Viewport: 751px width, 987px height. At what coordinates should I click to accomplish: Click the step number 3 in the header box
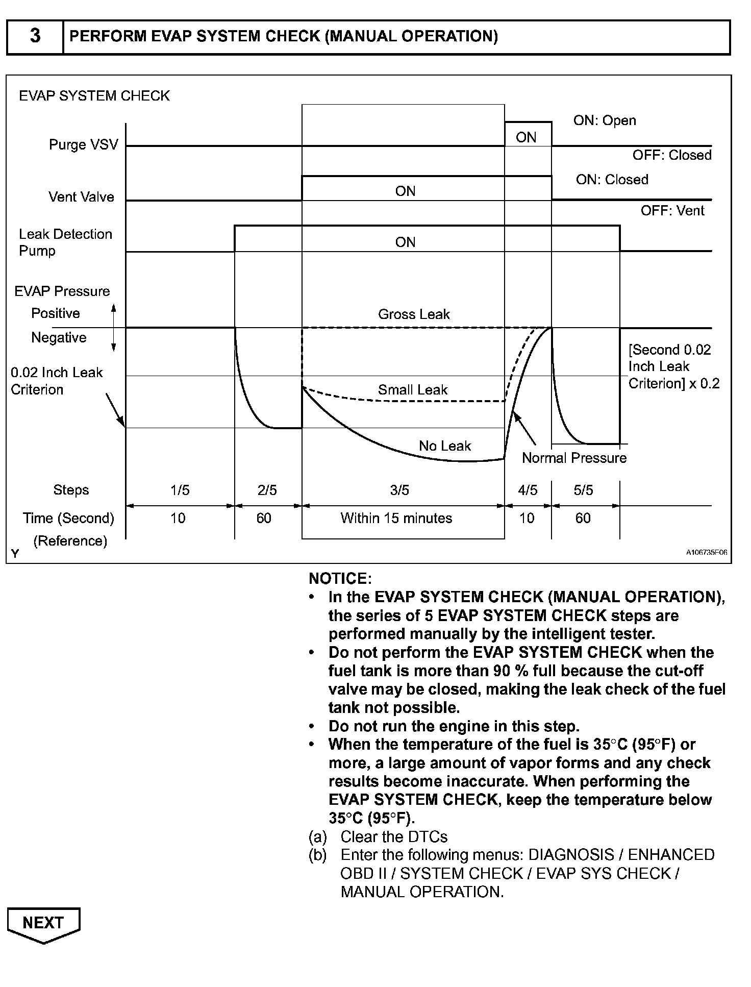pos(35,36)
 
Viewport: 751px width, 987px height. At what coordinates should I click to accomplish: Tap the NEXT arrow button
pos(43,923)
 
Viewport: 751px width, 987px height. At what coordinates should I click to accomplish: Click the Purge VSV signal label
pos(83,144)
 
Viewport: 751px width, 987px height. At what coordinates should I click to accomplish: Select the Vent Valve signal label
pos(81,197)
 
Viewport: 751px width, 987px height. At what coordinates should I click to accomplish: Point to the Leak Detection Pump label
pos(65,242)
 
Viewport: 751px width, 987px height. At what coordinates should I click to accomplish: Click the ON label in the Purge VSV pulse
pos(526,137)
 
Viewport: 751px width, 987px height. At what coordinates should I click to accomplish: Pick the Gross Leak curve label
pos(414,314)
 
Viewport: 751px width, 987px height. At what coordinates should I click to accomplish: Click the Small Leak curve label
pos(412,390)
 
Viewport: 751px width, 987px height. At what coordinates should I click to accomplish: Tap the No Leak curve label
pos(445,446)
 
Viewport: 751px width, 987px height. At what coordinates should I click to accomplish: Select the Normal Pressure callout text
pos(574,458)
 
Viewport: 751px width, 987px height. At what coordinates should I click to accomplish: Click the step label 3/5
pos(399,490)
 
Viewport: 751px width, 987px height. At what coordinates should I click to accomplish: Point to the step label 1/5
pos(180,490)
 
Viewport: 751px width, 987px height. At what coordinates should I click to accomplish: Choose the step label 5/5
pos(583,490)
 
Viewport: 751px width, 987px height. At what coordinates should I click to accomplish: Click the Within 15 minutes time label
pos(396,519)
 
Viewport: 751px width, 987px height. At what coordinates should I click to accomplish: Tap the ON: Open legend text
pos(605,120)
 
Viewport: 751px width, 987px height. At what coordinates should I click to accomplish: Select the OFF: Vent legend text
pos(672,210)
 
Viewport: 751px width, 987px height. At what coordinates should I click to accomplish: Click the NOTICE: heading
pos(340,579)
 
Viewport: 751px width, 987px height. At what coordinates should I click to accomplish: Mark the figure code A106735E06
pos(707,552)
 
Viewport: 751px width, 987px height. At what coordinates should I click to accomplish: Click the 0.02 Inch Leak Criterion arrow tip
pos(124,426)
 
